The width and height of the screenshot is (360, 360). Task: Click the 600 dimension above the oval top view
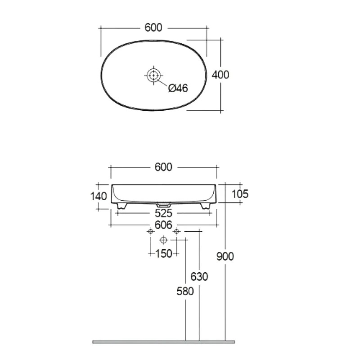pos(153,27)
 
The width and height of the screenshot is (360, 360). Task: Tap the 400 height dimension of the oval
pos(220,75)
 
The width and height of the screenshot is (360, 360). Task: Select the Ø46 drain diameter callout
pos(178,88)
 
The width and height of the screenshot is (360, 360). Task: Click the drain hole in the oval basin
pos(153,75)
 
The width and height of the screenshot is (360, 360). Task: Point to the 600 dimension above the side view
pos(163,167)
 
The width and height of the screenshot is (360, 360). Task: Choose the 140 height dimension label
pos(99,196)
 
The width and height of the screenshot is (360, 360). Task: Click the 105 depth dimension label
pos(240,194)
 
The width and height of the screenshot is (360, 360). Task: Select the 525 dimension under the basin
pos(163,213)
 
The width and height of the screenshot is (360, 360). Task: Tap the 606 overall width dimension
pos(163,225)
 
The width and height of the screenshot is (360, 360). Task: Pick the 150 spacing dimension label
pos(164,254)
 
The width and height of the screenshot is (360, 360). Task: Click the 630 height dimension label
pos(199,277)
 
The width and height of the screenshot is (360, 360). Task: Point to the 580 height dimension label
pos(185,291)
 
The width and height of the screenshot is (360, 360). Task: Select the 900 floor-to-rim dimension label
pos(225,256)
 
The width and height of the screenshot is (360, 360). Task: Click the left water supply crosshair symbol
pos(151,231)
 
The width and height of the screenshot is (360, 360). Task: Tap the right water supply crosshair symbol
pos(176,231)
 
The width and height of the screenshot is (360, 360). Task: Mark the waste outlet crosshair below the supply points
pos(163,240)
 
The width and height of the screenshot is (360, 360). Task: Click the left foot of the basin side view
pos(122,206)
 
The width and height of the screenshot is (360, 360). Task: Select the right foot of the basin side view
pos(205,206)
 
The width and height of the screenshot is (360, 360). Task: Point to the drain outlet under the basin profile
pos(163,204)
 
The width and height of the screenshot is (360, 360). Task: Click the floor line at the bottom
pos(163,342)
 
